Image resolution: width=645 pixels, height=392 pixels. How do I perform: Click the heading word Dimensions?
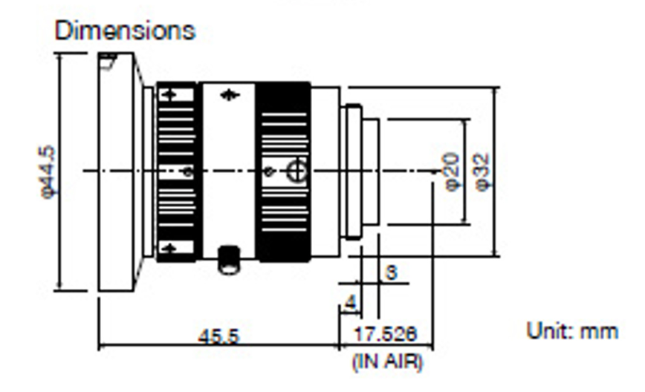coord(125,31)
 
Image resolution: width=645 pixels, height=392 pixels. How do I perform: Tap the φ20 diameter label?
coord(452,171)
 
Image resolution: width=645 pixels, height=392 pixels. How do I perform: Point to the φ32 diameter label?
coord(482,171)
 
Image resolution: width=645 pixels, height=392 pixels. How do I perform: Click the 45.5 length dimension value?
coord(218,336)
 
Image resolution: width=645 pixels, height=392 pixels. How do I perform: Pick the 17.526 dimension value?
coord(385,334)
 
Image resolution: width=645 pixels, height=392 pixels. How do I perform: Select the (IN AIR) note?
coord(386,362)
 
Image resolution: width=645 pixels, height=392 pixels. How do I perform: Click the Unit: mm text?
coord(571,330)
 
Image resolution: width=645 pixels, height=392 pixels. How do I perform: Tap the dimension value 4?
coord(349,304)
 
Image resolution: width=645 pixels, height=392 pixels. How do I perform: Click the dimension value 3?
coord(391,272)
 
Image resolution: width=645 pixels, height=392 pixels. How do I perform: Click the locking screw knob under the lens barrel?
coord(228,261)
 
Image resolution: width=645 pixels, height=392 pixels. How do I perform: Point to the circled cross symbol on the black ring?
coord(296,171)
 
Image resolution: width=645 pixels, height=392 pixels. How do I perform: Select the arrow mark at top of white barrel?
coord(230,95)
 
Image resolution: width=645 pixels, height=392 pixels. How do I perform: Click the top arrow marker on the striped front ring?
coord(170,94)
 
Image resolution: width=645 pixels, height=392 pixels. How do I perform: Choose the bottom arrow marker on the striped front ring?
coord(170,248)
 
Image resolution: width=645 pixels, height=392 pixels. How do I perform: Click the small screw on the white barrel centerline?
coord(270,172)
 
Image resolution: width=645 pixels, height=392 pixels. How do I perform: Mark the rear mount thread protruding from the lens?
coord(360,171)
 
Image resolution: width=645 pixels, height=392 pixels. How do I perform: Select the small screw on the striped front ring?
coord(188,172)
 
